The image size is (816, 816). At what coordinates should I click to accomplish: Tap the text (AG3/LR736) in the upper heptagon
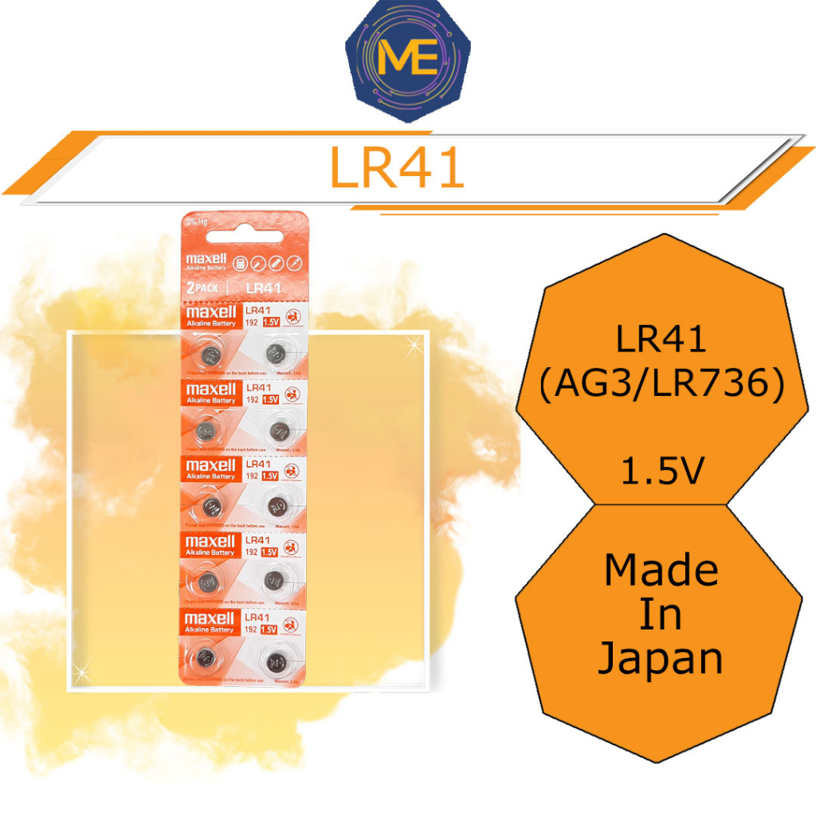point(661,386)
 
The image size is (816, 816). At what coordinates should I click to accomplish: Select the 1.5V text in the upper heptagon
point(661,476)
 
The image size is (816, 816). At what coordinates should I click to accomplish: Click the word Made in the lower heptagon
point(661,571)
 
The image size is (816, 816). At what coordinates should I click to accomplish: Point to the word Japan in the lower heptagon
point(661,658)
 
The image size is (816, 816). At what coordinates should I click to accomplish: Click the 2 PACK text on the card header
point(203,287)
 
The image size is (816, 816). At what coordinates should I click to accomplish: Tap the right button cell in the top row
point(276,351)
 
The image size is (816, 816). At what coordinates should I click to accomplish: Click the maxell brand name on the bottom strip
point(210,618)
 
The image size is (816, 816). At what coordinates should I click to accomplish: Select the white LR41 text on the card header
point(262,287)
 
